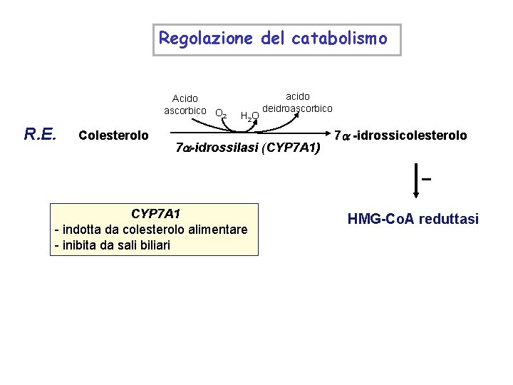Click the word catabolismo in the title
[339, 38]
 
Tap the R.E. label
[41, 133]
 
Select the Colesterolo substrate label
[114, 135]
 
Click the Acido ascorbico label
[185, 104]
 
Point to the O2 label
[221, 113]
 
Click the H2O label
[249, 116]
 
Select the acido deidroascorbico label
[298, 102]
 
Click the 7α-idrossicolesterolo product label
[400, 135]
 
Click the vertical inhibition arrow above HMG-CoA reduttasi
[416, 182]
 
